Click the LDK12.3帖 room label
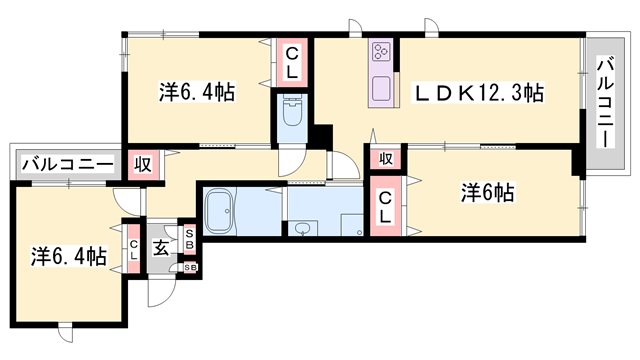click(x=479, y=93)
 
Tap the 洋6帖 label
click(x=488, y=192)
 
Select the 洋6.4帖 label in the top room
click(x=196, y=93)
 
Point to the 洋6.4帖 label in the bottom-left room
click(x=67, y=256)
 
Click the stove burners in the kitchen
click(x=382, y=52)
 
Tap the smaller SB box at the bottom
click(x=190, y=267)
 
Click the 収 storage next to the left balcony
click(x=143, y=164)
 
